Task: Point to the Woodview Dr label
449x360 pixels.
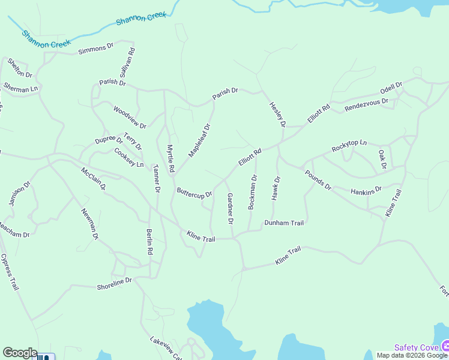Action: (130, 117)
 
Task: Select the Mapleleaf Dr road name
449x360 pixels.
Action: (200, 140)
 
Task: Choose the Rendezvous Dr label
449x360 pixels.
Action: (366, 105)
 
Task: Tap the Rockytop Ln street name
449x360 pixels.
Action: (349, 145)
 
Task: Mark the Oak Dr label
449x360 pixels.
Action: (382, 158)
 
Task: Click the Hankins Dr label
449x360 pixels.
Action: (366, 191)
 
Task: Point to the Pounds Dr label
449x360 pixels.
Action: (318, 180)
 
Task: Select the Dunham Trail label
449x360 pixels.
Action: (285, 223)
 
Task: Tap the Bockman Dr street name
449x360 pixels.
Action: (253, 192)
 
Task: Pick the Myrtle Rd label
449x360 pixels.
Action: (170, 159)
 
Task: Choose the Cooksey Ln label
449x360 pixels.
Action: (129, 158)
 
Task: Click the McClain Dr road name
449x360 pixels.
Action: (93, 178)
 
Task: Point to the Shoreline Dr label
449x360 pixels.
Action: (114, 283)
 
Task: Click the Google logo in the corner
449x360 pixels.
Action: (20, 353)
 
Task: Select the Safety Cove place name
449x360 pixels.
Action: (417, 347)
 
